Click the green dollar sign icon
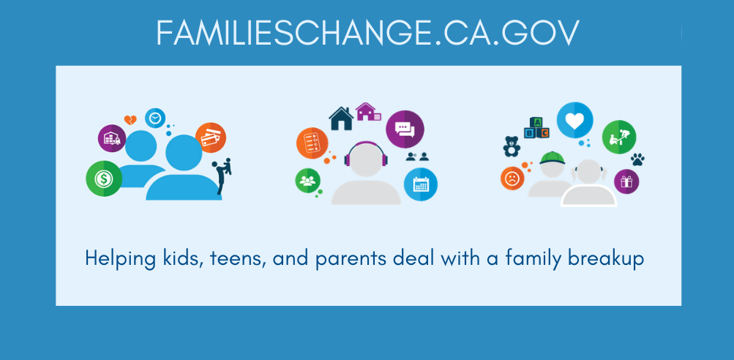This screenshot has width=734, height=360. tap(104, 179)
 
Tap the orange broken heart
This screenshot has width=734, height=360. tap(130, 120)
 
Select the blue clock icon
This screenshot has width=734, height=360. tap(155, 119)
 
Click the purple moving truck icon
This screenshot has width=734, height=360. tap(112, 138)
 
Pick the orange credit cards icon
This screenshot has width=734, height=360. tap(211, 138)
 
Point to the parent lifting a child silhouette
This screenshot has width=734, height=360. tap(222, 175)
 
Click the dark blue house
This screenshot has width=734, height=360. tap(341, 119)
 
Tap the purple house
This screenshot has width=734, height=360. tap(368, 111)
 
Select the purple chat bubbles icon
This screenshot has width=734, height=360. tap(405, 130)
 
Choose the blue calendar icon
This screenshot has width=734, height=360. tap(420, 184)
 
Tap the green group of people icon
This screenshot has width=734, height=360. tap(307, 181)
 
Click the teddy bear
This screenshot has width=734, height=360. tap(512, 146)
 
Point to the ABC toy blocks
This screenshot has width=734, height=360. tap(537, 128)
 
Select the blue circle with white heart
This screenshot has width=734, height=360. tap(575, 120)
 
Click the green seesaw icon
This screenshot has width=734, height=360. tap(619, 137)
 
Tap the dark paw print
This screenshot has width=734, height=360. tap(637, 160)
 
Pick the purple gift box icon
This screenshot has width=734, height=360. tap(626, 181)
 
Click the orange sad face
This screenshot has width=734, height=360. tap(512, 179)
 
